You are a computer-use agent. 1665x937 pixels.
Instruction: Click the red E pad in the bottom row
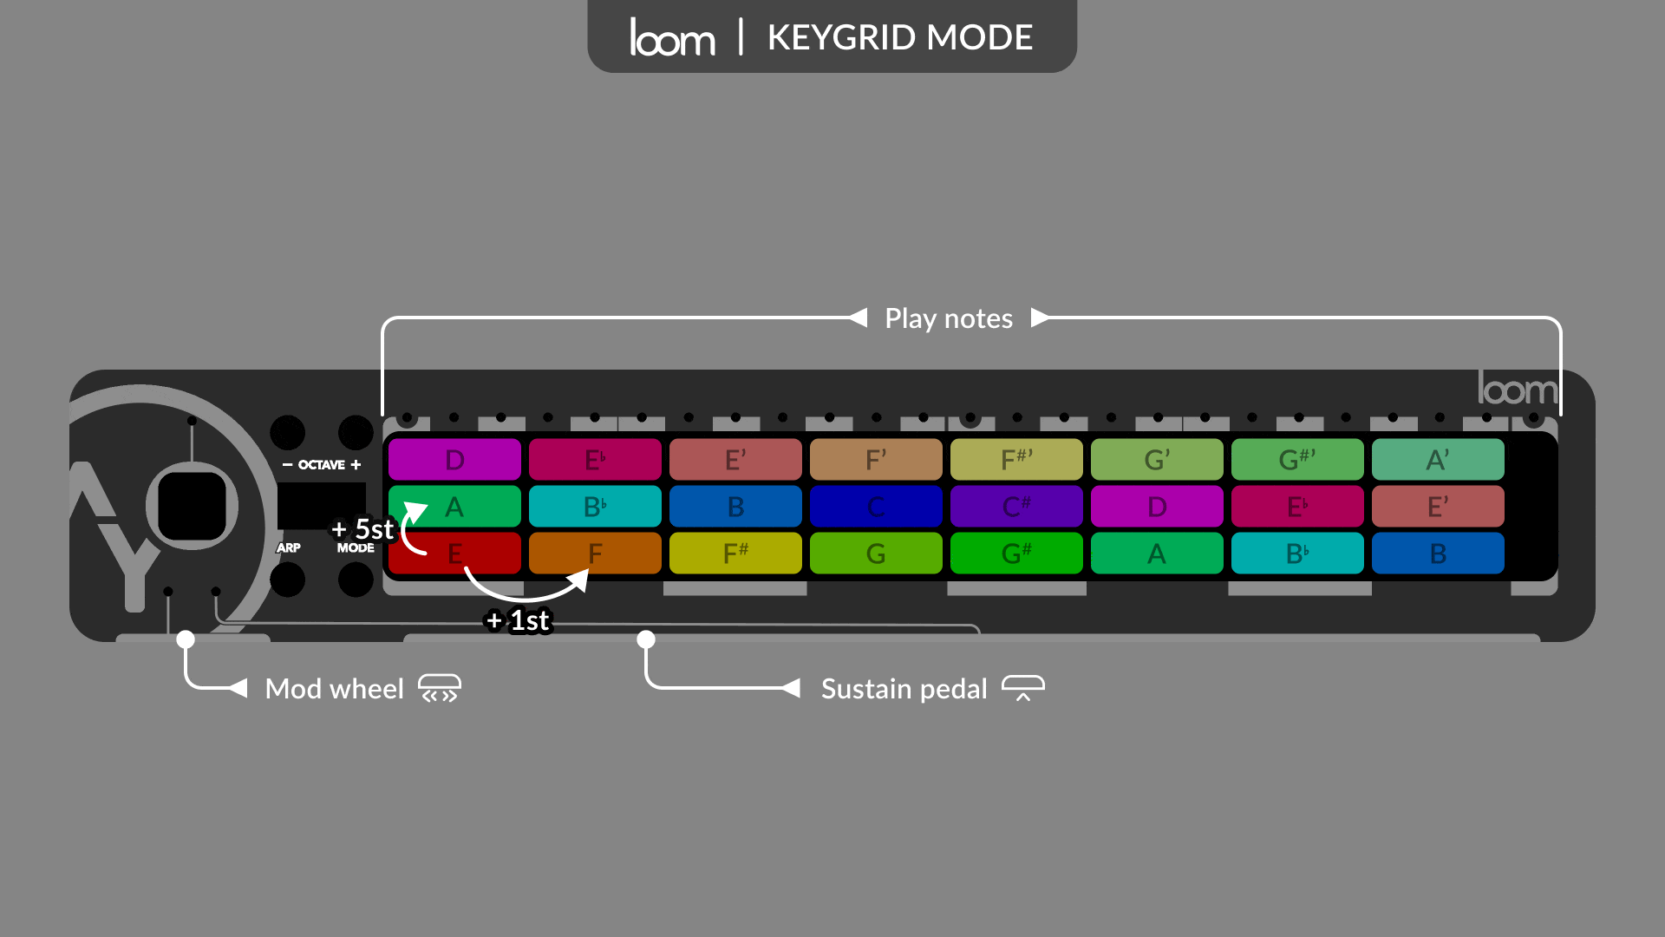click(x=454, y=554)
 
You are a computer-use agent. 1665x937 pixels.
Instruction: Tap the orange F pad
click(x=595, y=554)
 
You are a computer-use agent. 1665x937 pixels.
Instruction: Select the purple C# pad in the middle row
click(x=1016, y=507)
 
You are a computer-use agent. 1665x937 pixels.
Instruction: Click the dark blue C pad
click(x=876, y=507)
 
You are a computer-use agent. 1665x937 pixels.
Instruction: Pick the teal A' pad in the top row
click(x=1438, y=460)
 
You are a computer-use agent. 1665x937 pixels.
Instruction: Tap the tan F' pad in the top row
click(x=876, y=460)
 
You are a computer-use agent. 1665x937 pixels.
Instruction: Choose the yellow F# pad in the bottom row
click(x=735, y=554)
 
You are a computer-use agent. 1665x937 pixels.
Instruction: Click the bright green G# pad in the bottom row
click(x=1016, y=554)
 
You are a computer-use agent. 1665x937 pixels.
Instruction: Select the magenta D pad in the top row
click(x=454, y=460)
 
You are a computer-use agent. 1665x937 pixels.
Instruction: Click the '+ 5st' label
click(x=363, y=529)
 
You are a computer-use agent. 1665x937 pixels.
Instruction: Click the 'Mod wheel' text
click(x=334, y=689)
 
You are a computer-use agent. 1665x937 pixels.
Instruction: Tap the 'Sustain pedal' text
click(x=904, y=689)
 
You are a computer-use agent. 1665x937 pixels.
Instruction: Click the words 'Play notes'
click(x=948, y=318)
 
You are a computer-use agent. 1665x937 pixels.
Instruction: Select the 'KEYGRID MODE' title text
click(x=900, y=37)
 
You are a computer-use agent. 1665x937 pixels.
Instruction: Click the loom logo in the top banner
click(x=672, y=37)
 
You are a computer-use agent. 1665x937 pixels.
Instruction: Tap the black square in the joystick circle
click(x=192, y=506)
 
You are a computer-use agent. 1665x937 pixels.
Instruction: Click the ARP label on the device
click(x=288, y=547)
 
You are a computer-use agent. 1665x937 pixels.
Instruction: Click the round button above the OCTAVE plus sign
click(x=356, y=432)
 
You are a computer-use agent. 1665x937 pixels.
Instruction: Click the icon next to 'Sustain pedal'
click(x=1023, y=688)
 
